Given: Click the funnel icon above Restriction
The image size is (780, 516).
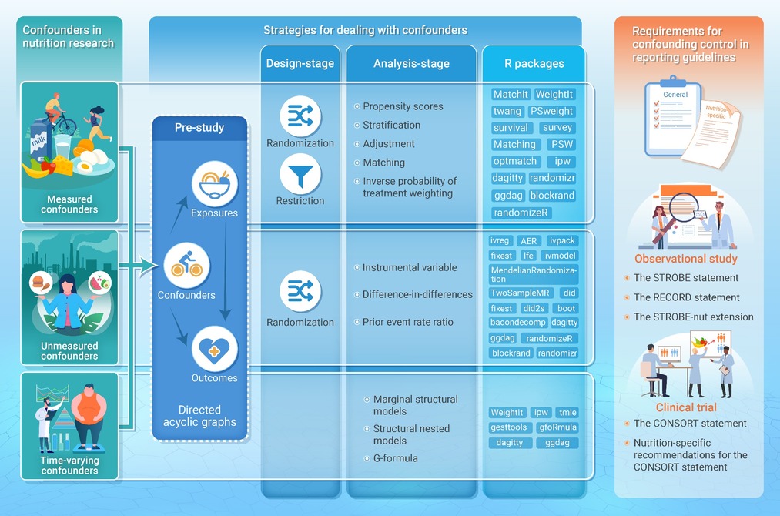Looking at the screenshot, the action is [x=300, y=175].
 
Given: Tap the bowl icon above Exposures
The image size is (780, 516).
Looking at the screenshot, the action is [x=215, y=183].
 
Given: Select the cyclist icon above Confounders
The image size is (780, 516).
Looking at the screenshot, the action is [x=186, y=265].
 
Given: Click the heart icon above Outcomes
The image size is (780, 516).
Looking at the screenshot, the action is [x=214, y=349].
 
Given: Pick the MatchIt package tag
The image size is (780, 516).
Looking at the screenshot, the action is [x=511, y=95].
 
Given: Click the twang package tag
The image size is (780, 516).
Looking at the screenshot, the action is [x=507, y=111].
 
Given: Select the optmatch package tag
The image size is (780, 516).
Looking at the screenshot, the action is [x=515, y=161].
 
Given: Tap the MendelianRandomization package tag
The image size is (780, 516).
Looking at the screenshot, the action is [x=534, y=275].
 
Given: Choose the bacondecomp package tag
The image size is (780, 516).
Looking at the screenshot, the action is [x=518, y=323].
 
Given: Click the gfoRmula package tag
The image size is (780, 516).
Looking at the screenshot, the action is [x=557, y=427].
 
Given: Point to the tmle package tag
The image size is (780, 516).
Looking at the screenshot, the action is [x=567, y=413].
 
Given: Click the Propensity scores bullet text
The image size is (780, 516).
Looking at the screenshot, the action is [x=403, y=106].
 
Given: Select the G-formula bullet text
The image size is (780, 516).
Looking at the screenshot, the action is [x=396, y=458].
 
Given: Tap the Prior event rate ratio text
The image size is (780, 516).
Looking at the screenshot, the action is [x=408, y=322].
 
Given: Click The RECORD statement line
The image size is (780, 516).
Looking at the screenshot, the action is [x=687, y=297].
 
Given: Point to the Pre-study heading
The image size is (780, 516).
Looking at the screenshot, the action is [x=199, y=127].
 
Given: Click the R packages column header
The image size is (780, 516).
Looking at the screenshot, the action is [x=534, y=64].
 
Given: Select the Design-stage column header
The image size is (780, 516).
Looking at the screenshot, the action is [x=300, y=64].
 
